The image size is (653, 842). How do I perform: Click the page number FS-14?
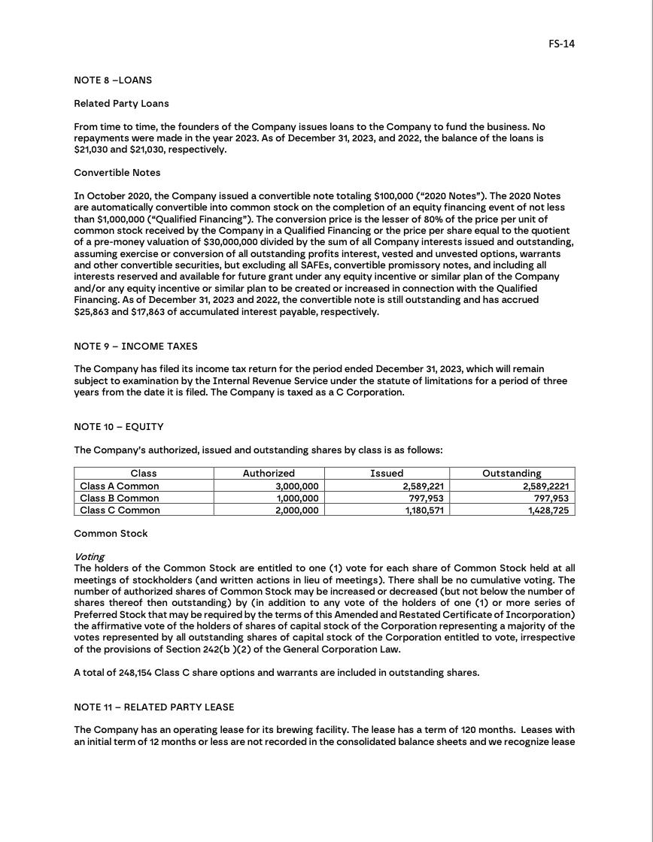pos(561,44)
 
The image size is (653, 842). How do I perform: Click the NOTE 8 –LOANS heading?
pos(113,80)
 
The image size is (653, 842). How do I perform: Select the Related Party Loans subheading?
pos(121,104)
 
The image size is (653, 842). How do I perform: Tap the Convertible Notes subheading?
pos(117,173)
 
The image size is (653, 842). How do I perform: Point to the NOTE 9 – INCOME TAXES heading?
pos(135,347)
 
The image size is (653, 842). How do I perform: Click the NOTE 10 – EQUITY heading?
pos(118,427)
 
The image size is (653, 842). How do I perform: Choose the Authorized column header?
pos(269,474)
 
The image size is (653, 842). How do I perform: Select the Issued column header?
pos(387,474)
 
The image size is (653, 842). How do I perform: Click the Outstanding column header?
pos(512,474)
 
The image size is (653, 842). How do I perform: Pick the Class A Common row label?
pos(120,486)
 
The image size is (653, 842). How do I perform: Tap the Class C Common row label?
pos(120,510)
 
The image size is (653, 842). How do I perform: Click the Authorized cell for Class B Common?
pos(298,498)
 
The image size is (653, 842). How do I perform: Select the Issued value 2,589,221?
pos(424,486)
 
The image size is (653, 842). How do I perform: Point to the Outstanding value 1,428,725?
pos(548,510)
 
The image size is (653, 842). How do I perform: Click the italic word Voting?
pos(89,557)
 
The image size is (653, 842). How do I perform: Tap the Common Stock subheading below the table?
pos(111,534)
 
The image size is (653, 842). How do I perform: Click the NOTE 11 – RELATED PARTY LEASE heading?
pos(153,707)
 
